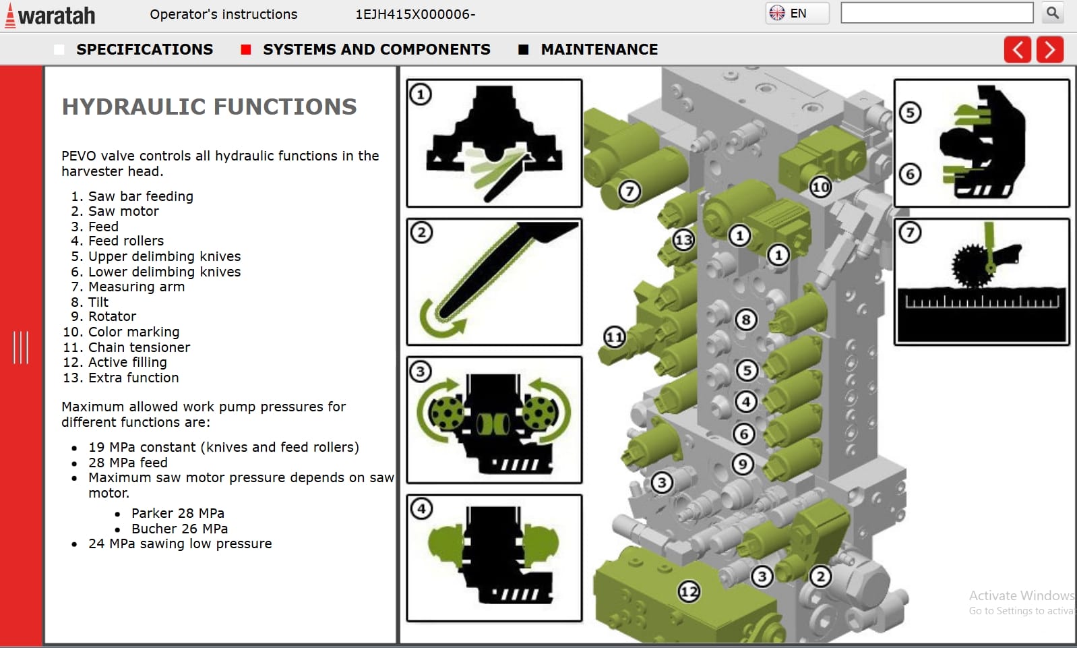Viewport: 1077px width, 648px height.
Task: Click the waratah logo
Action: tap(51, 15)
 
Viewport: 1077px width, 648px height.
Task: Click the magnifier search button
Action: tap(1052, 13)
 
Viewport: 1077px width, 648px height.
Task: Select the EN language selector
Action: tap(797, 13)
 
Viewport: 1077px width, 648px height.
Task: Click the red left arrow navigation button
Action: tap(1017, 49)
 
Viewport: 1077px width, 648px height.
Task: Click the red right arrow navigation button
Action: tap(1049, 49)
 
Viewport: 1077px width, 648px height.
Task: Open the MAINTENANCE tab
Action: tap(598, 49)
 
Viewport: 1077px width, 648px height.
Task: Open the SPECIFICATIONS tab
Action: tap(144, 49)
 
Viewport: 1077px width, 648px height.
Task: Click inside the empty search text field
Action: tap(936, 13)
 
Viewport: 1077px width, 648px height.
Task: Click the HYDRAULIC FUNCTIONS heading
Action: tap(209, 107)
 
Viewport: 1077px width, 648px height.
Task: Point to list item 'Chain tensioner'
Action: tap(139, 347)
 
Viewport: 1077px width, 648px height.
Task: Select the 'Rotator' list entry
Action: tap(112, 316)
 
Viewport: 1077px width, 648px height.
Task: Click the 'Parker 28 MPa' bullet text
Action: tap(177, 513)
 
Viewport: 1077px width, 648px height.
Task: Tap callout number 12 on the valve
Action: tap(689, 592)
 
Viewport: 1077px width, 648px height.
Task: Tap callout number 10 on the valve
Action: tap(820, 187)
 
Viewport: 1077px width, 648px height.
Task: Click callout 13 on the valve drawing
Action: tap(683, 239)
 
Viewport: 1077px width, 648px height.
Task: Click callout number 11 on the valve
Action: tap(614, 336)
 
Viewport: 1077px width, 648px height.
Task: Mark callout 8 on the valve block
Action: tap(745, 320)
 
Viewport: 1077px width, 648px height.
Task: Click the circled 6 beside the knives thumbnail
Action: tap(910, 174)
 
